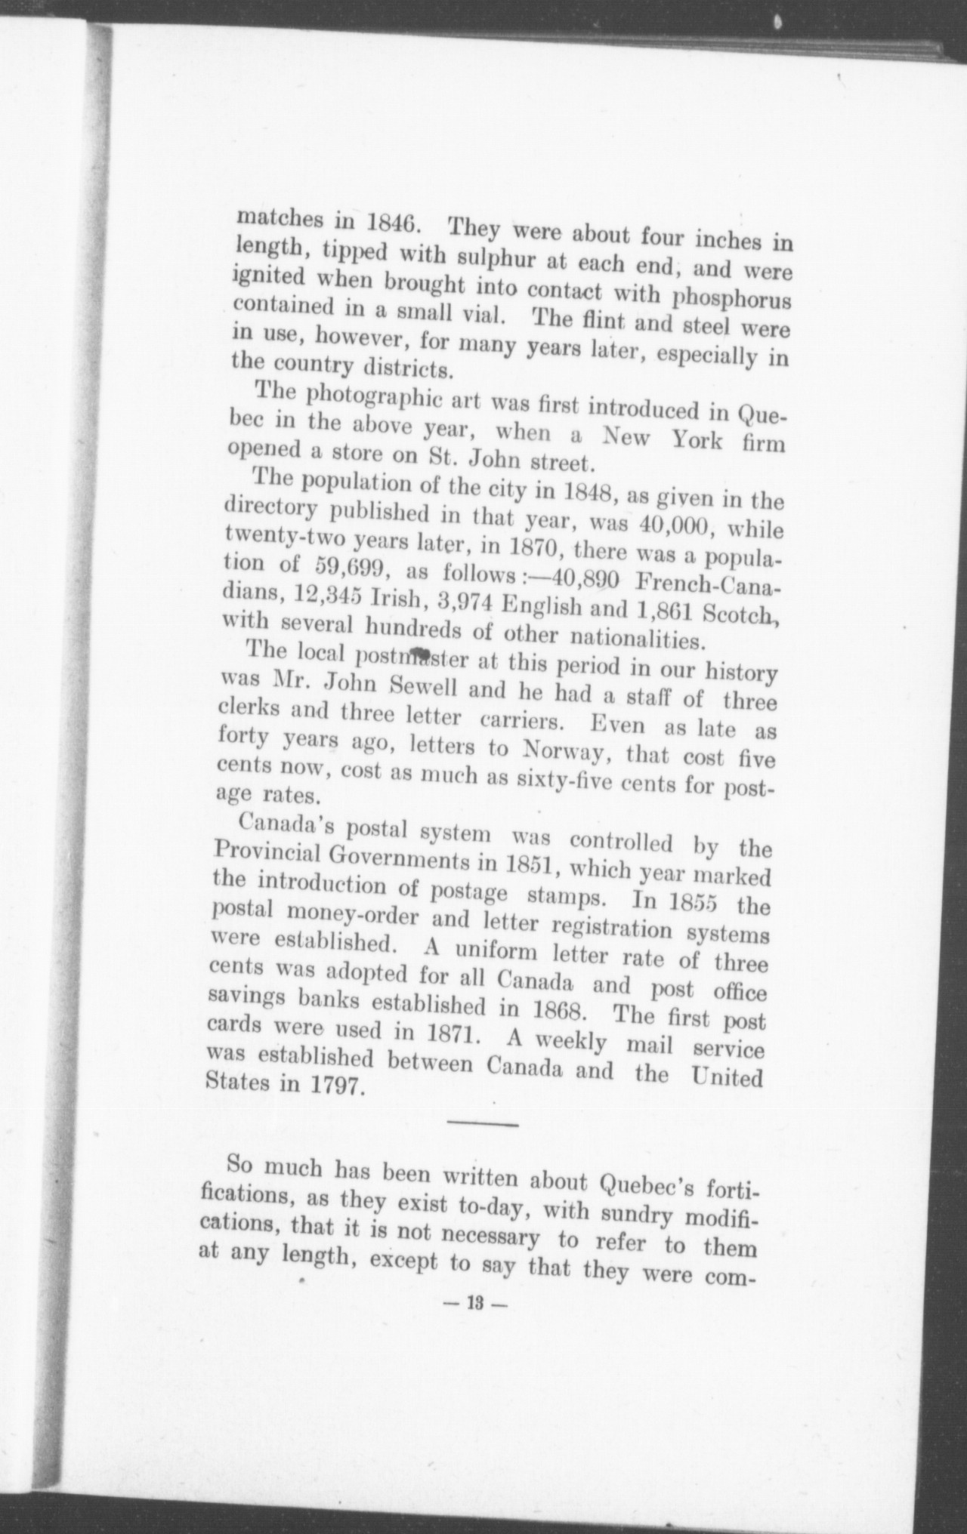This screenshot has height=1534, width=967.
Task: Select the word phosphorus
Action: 732,297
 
